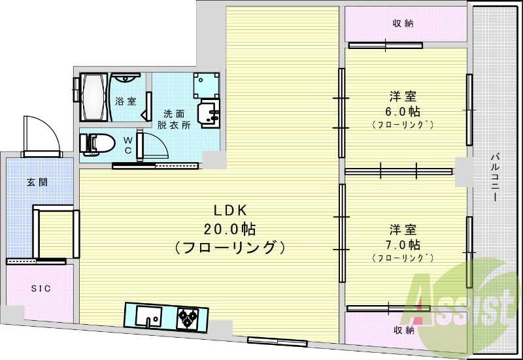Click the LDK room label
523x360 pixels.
(x=229, y=211)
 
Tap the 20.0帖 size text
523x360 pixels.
(x=229, y=229)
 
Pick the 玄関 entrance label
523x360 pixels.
(x=36, y=182)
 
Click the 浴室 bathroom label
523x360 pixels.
(x=125, y=101)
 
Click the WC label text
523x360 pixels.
(x=128, y=145)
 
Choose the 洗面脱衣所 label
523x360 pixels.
(x=173, y=119)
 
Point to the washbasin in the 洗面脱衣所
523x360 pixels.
(x=209, y=113)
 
